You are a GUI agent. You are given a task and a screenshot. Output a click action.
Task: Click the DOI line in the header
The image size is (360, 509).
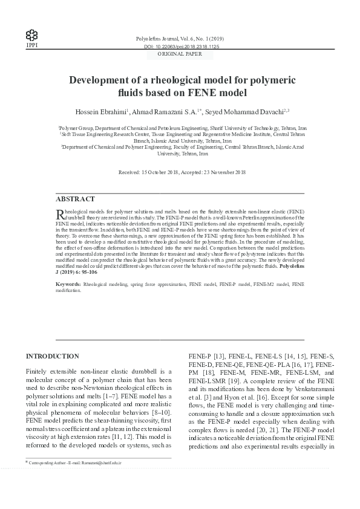[x=182, y=46]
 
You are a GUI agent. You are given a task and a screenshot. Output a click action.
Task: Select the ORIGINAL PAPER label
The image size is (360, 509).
[x=182, y=54]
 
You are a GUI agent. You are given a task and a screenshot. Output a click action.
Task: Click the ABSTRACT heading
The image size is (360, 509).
[x=75, y=199]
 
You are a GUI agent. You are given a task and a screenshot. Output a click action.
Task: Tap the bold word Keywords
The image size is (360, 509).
[x=68, y=283]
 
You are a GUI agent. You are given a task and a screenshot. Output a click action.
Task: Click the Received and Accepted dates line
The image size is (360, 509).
[x=182, y=172]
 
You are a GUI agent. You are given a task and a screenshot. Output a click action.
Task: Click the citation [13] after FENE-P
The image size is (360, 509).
[x=217, y=357]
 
